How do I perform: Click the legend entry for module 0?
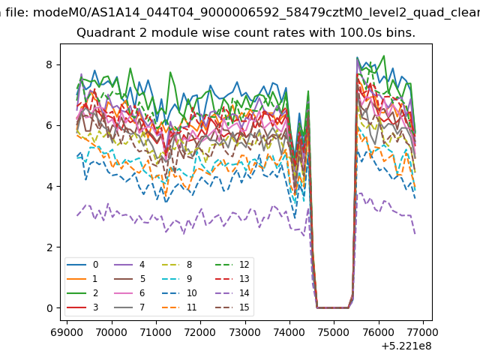click(82, 265)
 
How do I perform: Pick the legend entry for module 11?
click(179, 307)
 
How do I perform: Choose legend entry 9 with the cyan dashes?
click(176, 278)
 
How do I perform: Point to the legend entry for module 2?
click(82, 293)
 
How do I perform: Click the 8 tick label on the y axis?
click(49, 65)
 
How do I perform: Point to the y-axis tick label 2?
click(49, 247)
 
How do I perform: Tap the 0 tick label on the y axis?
click(49, 308)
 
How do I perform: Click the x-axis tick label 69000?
click(67, 331)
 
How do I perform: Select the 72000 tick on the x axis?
click(200, 331)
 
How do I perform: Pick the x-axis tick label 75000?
click(334, 331)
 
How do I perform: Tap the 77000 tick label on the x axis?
click(423, 331)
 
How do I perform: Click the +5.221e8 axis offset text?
click(406, 346)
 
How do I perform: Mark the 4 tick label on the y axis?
click(49, 187)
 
